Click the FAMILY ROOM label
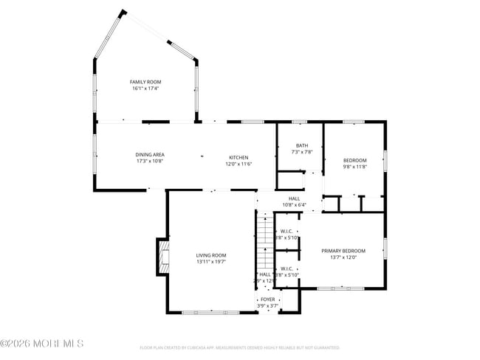point(145,82)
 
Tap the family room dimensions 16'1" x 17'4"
point(145,89)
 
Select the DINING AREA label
point(149,154)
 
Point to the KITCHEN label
point(239,157)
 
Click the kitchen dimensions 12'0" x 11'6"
point(239,164)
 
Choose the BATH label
point(302,145)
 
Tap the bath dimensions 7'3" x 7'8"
point(302,152)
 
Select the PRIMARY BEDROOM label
point(343,251)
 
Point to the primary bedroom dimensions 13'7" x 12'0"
point(343,257)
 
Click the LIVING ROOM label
point(211,255)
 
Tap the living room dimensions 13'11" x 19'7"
point(211,261)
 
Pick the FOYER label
point(267,299)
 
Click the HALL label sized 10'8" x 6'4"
point(294,198)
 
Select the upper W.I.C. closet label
point(288,231)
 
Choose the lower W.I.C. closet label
point(288,269)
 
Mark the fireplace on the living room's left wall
point(161,257)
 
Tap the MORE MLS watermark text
point(42,343)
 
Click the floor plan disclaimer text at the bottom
point(239,347)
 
